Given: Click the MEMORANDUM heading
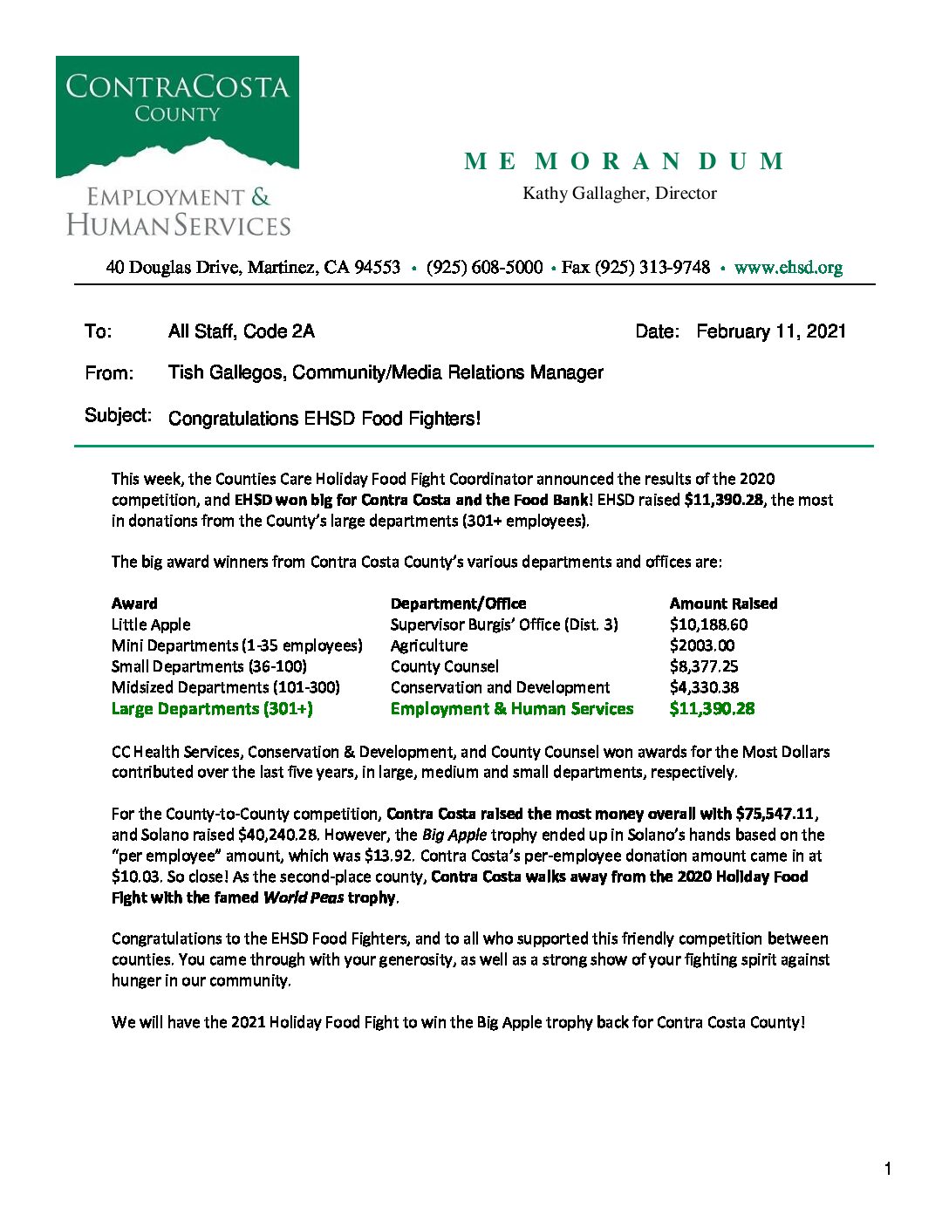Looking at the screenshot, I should pyautogui.click(x=625, y=161).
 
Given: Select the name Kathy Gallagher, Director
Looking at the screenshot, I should pyautogui.click(x=619, y=194).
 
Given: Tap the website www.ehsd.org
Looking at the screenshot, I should pyautogui.click(x=788, y=268).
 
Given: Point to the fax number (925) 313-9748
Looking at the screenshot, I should pyautogui.click(x=652, y=268).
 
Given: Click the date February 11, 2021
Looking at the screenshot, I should pyautogui.click(x=770, y=331).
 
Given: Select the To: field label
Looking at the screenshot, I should pyautogui.click(x=98, y=331).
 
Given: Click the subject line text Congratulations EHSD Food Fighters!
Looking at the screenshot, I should pyautogui.click(x=324, y=419).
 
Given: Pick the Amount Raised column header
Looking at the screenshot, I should pyautogui.click(x=723, y=604).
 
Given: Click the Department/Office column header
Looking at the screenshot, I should pyautogui.click(x=458, y=604).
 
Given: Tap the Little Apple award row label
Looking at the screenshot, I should pyautogui.click(x=151, y=624).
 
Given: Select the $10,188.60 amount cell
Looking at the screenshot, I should pyautogui.click(x=708, y=624).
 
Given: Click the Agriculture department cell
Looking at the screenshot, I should pyautogui.click(x=428, y=645).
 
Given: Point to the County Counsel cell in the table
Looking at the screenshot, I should pyautogui.click(x=444, y=666).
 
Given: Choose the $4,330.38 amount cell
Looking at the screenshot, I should pyautogui.click(x=704, y=687).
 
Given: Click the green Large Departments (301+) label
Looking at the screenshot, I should pyautogui.click(x=212, y=709).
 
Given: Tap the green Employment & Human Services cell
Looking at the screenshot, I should pyautogui.click(x=512, y=709).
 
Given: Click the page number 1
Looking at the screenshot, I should pyautogui.click(x=888, y=1169).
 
